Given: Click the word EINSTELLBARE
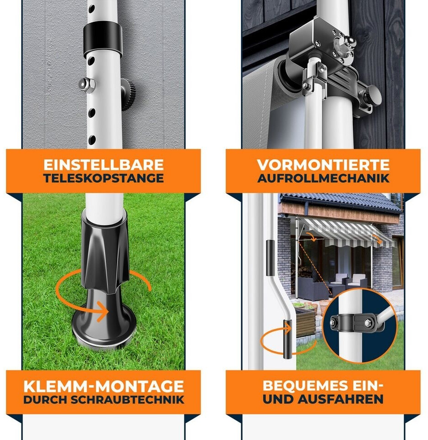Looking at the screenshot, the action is click(103, 165).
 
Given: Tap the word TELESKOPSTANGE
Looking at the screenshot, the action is click(103, 178).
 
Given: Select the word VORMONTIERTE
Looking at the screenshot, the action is click(324, 165).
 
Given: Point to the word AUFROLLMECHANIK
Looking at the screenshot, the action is click(324, 178).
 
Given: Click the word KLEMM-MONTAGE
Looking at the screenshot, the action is click(104, 386).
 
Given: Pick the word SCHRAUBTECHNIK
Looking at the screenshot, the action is click(127, 400).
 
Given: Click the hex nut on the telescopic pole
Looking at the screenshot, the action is click(86, 83).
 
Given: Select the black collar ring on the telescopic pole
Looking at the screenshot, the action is click(103, 38).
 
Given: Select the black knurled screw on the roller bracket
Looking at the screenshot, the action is click(373, 95).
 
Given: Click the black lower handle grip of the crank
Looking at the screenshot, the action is click(287, 340).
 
